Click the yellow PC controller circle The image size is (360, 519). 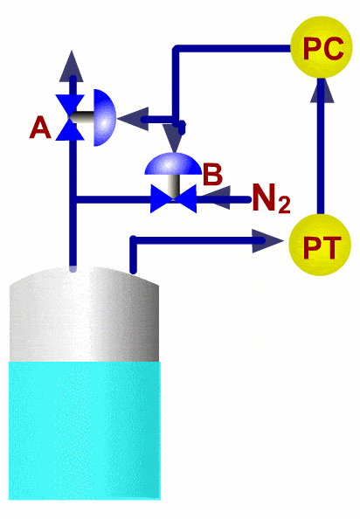tap(322, 47)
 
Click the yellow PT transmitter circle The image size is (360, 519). tap(320, 245)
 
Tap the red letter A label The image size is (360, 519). tap(40, 128)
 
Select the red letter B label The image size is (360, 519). tap(212, 174)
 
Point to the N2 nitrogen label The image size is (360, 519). tap(272, 198)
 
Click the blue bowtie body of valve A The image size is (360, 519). tap(70, 117)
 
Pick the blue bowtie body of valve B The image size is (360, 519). tap(173, 198)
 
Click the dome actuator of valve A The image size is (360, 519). tap(105, 117)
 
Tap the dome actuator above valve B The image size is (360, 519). tap(173, 163)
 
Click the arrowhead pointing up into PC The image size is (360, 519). tap(322, 90)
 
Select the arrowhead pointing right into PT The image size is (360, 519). tap(267, 241)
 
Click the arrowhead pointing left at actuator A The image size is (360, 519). tap(133, 119)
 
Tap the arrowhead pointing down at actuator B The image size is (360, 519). tap(173, 138)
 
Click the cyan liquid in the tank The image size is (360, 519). tap(85, 430)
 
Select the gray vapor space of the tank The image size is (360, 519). tap(84, 315)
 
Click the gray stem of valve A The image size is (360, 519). tap(81, 117)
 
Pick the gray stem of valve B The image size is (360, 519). tap(173, 186)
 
